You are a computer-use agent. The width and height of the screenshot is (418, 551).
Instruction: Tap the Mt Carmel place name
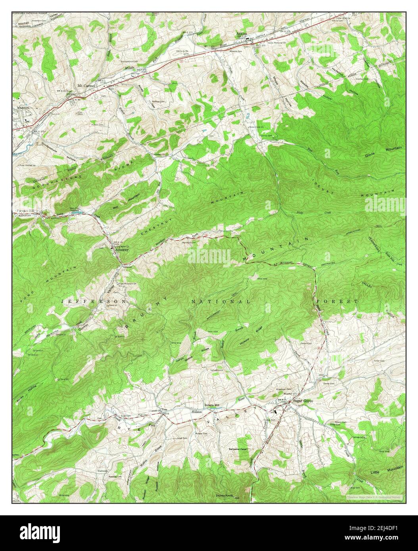[x=87, y=85]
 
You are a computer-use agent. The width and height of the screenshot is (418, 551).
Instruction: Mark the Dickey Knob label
[x=223, y=496]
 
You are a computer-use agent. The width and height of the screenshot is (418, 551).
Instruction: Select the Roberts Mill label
[x=212, y=405]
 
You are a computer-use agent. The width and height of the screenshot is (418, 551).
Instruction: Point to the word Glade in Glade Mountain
[x=371, y=154]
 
